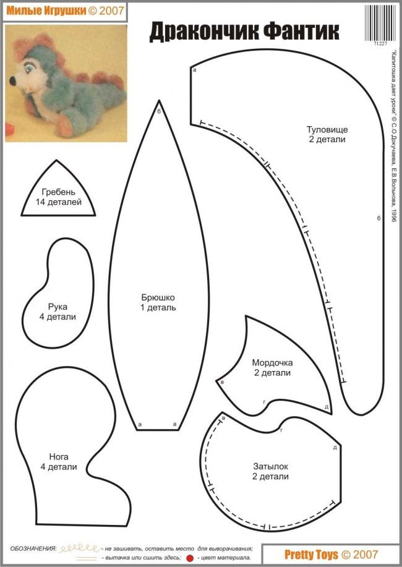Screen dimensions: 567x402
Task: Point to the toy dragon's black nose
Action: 13,80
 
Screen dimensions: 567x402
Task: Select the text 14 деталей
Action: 59,202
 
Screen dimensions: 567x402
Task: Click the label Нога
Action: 59,456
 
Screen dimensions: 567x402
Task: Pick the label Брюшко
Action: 158,296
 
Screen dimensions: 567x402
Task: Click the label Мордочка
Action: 272,362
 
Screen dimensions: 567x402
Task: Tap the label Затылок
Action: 270,466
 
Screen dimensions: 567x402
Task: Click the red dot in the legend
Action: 190,558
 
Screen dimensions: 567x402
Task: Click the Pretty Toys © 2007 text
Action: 331,555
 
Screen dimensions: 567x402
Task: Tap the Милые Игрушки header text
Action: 43,11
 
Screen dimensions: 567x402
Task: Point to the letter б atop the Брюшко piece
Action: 160,111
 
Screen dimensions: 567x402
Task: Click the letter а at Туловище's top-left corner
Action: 195,70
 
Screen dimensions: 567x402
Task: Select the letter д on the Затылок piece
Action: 335,447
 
